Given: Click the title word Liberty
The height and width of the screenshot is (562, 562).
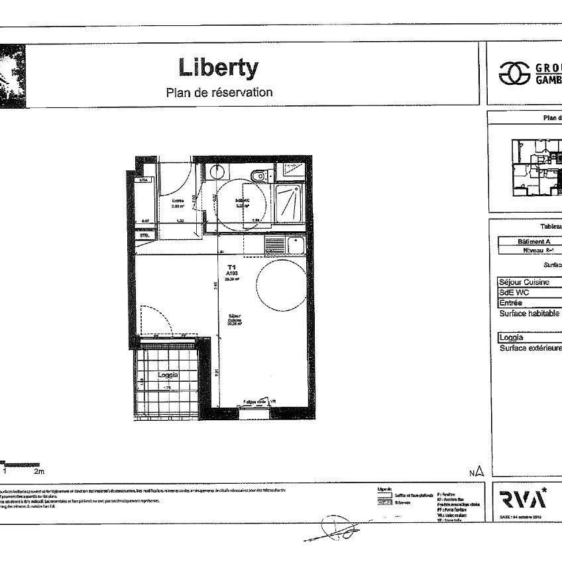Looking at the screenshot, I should click(x=219, y=67).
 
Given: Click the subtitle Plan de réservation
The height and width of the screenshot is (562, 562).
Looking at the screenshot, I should click(x=219, y=92).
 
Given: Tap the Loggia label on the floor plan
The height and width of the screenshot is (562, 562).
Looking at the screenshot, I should click(x=168, y=375).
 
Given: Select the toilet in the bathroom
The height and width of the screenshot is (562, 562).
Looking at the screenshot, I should click(x=259, y=176).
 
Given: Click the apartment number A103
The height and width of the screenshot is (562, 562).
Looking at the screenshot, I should click(x=231, y=273).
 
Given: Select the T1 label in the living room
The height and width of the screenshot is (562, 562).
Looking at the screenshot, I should click(x=231, y=267).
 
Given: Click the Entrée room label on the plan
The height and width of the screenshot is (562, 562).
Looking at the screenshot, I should click(x=178, y=201).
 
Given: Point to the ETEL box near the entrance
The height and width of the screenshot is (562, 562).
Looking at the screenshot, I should click(x=144, y=235).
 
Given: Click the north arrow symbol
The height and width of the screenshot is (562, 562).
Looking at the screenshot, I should click(x=479, y=472).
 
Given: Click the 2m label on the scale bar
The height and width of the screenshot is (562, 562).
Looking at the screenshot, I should click(x=38, y=472).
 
